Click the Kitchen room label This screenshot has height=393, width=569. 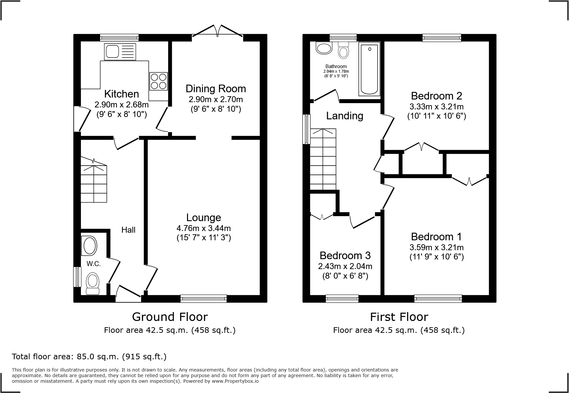point(121,94)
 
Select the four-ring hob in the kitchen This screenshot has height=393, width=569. point(158,81)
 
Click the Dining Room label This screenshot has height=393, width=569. point(215,89)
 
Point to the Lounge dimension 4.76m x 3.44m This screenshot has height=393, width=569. point(204,228)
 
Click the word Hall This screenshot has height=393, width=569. point(128,230)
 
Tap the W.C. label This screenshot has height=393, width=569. point(94,264)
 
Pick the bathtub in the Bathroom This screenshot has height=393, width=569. point(369,70)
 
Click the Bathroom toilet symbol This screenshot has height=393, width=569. point(344,50)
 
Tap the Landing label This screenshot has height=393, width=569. point(344,116)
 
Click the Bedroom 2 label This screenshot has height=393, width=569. point(436,96)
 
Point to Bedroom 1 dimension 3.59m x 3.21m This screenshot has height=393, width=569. point(436,247)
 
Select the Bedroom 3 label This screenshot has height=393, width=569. point(345,255)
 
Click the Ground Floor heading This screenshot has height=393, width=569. point(170,317)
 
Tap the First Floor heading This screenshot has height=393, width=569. point(399,317)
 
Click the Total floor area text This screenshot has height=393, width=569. point(89,357)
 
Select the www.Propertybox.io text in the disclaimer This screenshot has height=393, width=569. point(235,381)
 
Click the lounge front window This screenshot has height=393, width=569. point(204,299)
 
